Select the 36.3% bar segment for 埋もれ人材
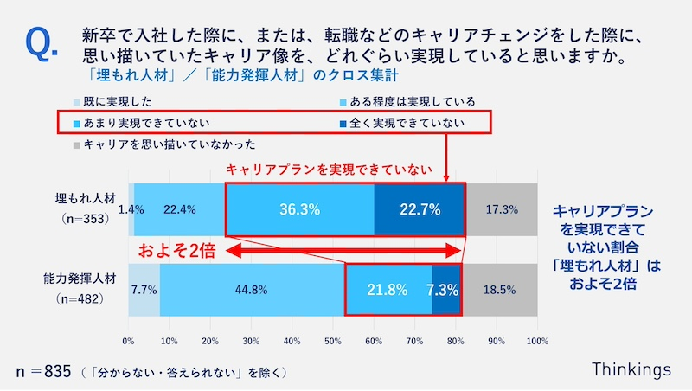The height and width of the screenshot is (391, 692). [299, 209]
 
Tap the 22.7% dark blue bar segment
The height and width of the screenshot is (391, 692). [420, 209]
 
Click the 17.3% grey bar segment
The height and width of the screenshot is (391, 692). [502, 209]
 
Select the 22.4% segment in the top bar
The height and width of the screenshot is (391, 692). [179, 209]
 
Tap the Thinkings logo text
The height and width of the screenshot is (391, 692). [631, 369]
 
